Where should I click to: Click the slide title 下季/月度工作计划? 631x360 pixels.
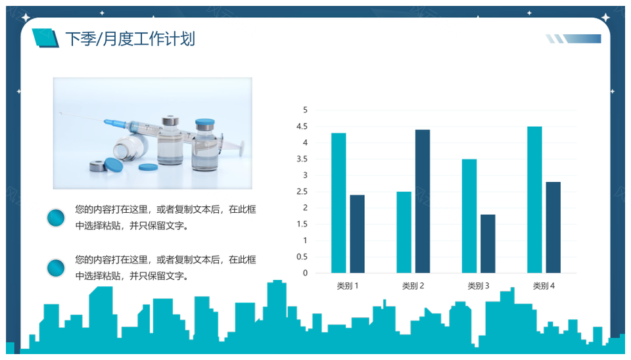(130, 39)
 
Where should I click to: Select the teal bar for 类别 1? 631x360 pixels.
(339, 203)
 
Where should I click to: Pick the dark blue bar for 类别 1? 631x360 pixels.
(357, 234)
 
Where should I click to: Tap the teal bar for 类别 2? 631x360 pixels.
(404, 232)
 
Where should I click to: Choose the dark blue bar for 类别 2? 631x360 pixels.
(422, 201)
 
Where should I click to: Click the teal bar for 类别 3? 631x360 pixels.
(469, 216)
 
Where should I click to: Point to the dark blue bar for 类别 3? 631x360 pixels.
(488, 244)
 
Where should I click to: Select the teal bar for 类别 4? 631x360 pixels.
(534, 200)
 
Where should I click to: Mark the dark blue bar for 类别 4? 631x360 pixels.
(553, 227)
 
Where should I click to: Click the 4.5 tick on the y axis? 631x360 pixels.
(302, 126)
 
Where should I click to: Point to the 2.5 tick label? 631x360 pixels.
(302, 191)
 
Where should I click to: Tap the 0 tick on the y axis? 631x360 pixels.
(305, 273)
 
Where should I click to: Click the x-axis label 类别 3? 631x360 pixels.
(478, 286)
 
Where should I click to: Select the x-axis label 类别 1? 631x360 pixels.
(348, 286)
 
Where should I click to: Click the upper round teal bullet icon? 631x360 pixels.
(57, 217)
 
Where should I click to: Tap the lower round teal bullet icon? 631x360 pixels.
(57, 267)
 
